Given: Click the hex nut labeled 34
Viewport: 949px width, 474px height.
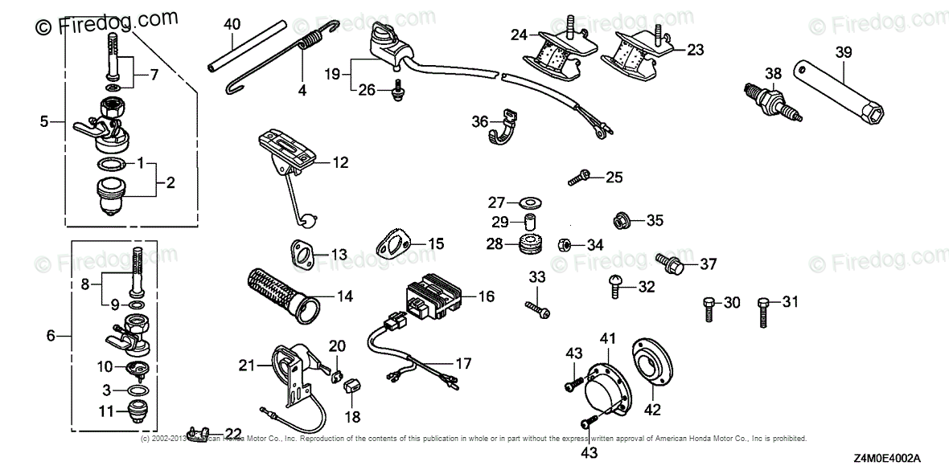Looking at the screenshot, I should [565, 243].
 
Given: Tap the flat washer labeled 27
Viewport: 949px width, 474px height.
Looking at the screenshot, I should [530, 200].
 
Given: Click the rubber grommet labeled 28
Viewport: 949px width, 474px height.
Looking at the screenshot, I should [529, 243].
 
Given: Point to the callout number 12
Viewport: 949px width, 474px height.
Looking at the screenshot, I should [341, 162].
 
